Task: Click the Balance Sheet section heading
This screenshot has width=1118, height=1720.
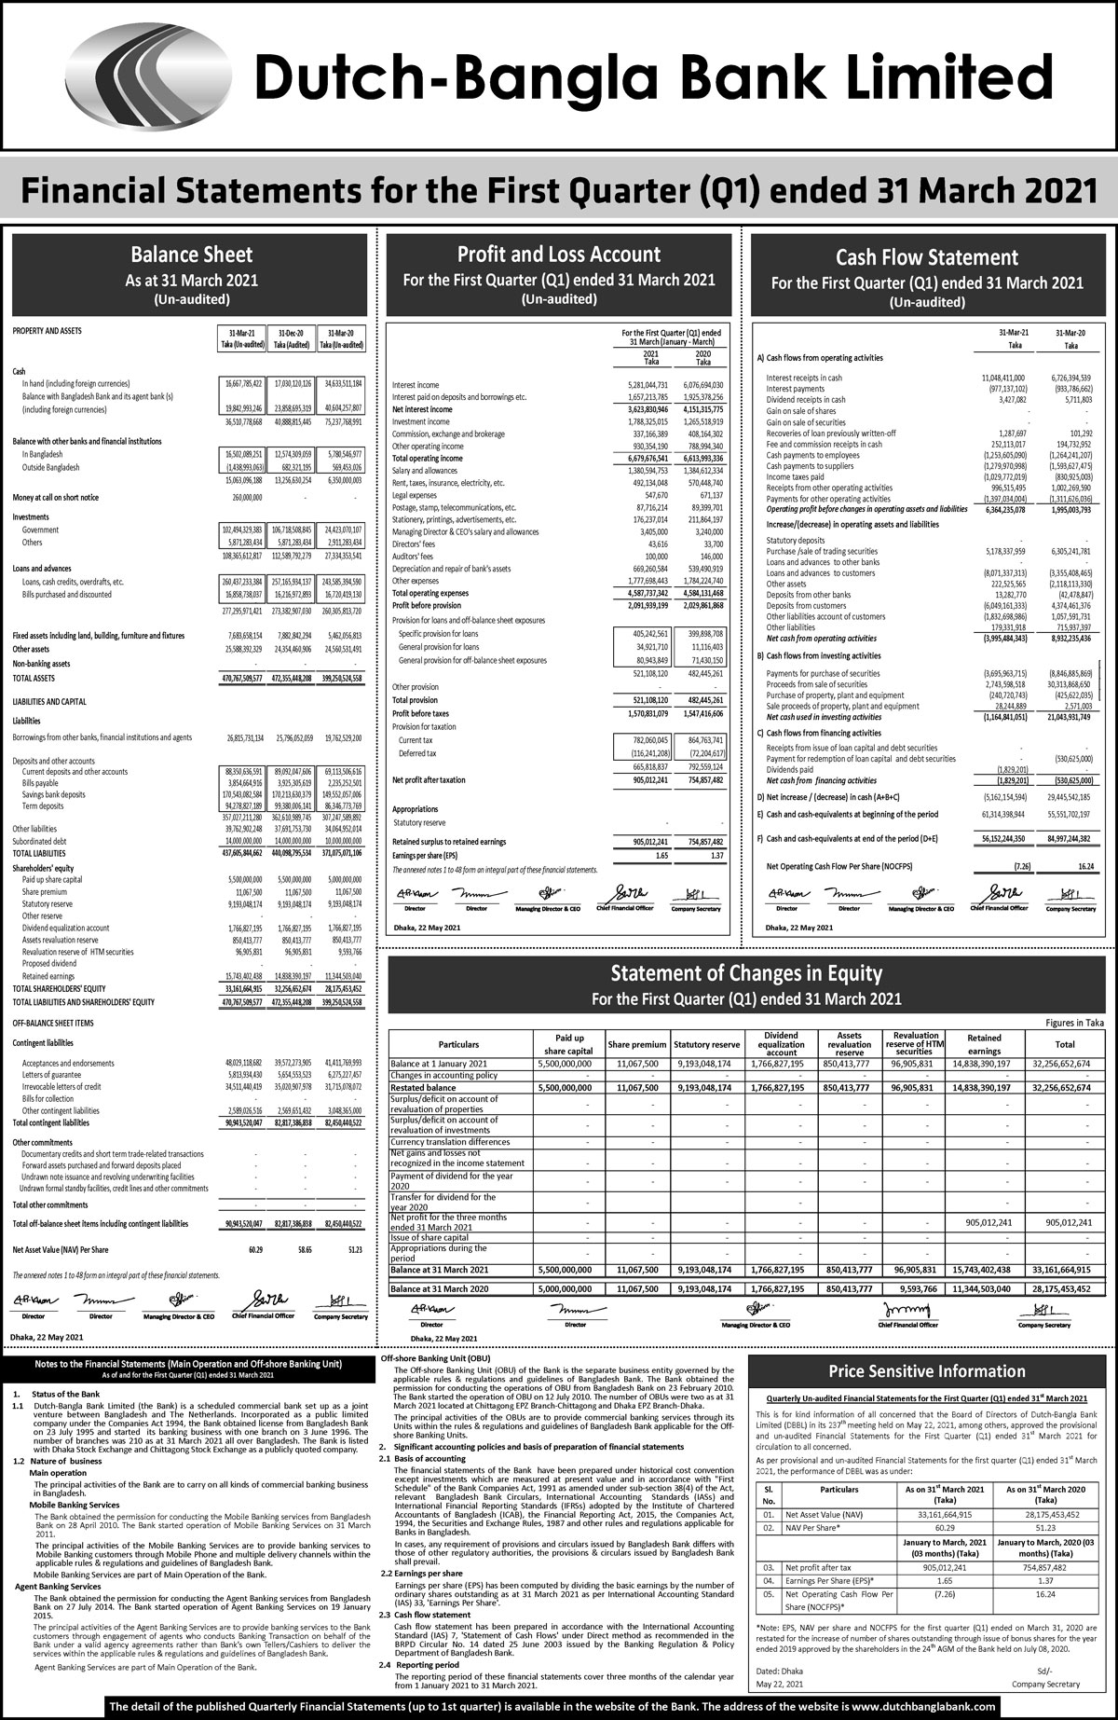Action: pyautogui.click(x=191, y=255)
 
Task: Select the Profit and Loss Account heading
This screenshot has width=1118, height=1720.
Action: pyautogui.click(x=559, y=255)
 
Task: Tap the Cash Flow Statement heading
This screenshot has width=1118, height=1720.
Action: pyautogui.click(x=926, y=257)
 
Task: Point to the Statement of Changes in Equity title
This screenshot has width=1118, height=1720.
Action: pyautogui.click(x=746, y=974)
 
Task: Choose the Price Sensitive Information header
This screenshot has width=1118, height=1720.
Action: pyautogui.click(x=927, y=1371)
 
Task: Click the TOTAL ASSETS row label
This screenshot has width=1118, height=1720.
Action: pyautogui.click(x=34, y=679)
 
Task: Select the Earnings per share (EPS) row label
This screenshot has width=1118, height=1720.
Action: pyautogui.click(x=425, y=855)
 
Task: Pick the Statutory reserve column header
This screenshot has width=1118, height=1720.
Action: pyautogui.click(x=705, y=1045)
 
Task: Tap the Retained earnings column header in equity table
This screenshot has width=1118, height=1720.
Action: pyautogui.click(x=984, y=1044)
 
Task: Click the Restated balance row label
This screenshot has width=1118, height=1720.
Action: pyautogui.click(x=424, y=1088)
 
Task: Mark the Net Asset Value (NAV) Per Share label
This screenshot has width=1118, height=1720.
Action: pyautogui.click(x=61, y=1249)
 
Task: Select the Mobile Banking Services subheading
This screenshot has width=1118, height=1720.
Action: pyautogui.click(x=75, y=1505)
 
